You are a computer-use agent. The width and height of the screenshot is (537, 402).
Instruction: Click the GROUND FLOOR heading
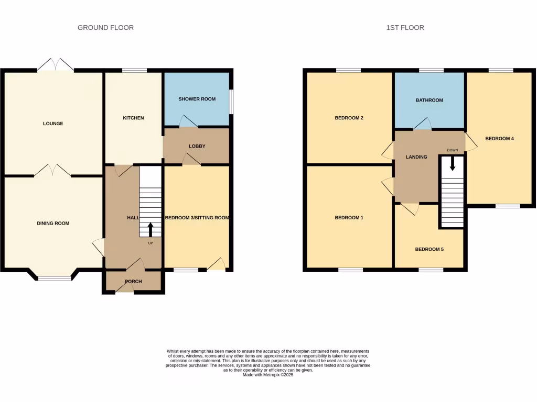pyautogui.click(x=105, y=27)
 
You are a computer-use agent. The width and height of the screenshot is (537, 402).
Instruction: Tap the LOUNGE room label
pyautogui.click(x=53, y=124)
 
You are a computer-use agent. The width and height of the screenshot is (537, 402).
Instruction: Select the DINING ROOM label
pyautogui.click(x=53, y=224)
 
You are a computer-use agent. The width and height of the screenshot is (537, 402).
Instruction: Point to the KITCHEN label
pyautogui.click(x=133, y=118)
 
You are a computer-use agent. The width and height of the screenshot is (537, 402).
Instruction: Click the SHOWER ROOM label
pyautogui.click(x=197, y=99)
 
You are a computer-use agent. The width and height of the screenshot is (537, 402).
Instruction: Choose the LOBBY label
pyautogui.click(x=197, y=146)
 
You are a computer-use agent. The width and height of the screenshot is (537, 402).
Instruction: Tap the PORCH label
pyautogui.click(x=133, y=282)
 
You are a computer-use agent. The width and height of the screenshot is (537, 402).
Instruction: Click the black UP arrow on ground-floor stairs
pyautogui.click(x=151, y=229)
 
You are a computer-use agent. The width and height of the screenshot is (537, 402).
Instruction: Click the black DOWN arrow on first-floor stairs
pyautogui.click(x=453, y=164)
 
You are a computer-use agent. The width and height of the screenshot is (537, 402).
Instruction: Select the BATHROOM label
pyautogui.click(x=429, y=100)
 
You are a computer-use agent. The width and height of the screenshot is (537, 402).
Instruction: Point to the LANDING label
pyautogui.click(x=417, y=157)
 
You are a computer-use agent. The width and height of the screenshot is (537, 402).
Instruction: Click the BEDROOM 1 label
pyautogui.click(x=349, y=218)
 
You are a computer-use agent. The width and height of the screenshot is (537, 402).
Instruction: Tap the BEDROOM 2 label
pyautogui.click(x=349, y=118)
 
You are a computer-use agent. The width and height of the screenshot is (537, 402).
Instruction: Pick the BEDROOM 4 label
pyautogui.click(x=499, y=139)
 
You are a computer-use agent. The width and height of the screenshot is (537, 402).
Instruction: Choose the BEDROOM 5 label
pyautogui.click(x=429, y=250)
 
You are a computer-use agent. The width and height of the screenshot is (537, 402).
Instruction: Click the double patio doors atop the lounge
pyautogui.click(x=55, y=65)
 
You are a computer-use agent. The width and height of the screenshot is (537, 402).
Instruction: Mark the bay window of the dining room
pyautogui.click(x=54, y=278)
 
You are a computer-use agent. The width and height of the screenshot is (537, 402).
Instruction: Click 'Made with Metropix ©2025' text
pyautogui.click(x=268, y=374)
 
